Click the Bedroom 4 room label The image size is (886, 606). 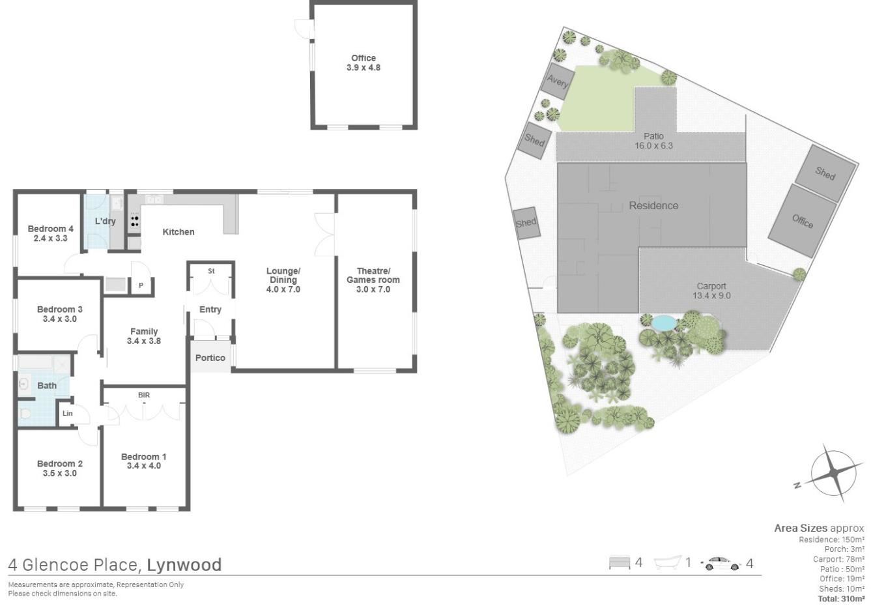tap(50, 229)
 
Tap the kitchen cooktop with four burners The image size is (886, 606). tap(134, 221)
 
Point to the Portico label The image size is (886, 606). tap(210, 358)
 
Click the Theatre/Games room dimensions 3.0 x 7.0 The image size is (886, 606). tap(373, 289)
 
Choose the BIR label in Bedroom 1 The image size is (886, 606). tap(144, 395)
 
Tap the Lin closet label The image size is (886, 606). tap(68, 413)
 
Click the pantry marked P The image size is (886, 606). tap(141, 285)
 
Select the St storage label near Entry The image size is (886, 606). tap(211, 271)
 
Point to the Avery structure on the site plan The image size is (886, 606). tap(558, 81)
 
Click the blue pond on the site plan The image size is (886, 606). tap(664, 323)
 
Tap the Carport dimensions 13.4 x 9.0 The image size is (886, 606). tap(711, 295)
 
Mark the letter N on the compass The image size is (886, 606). tap(797, 485)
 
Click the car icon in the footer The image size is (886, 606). tap(721, 563)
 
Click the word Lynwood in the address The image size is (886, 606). tap(184, 564)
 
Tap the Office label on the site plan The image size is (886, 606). tap(802, 221)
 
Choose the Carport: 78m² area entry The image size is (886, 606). tap(838, 559)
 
